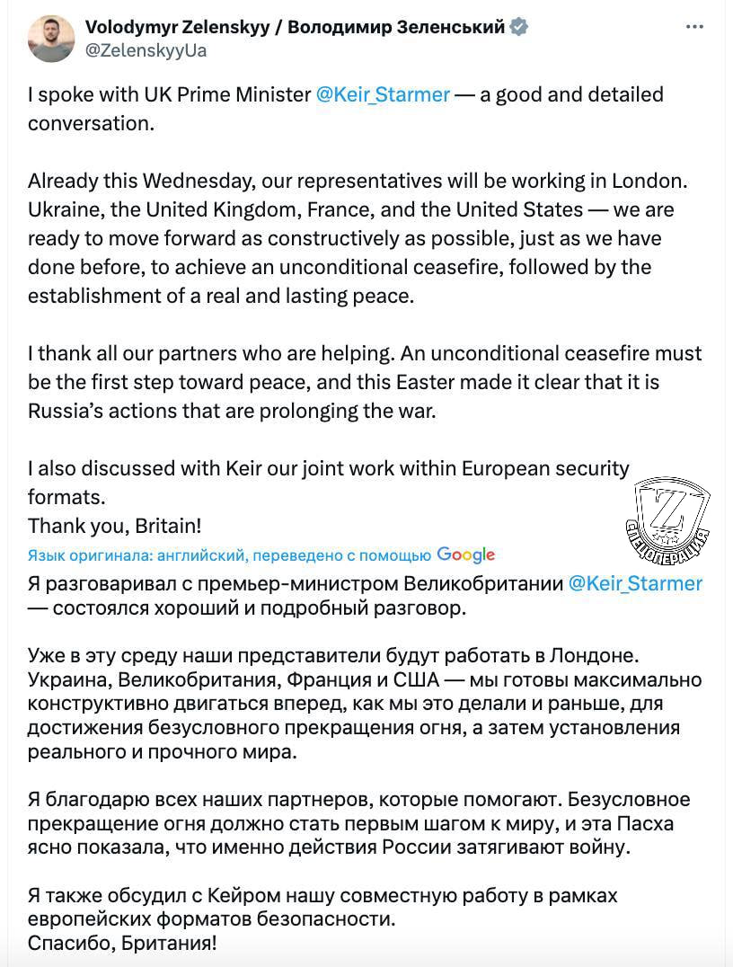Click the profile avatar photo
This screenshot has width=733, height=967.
click(x=51, y=39)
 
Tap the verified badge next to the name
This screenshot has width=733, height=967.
click(x=519, y=27)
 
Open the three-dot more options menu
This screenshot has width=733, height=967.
click(x=694, y=27)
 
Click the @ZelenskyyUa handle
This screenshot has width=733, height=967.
click(x=146, y=50)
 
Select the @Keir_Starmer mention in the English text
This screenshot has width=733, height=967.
click(x=383, y=94)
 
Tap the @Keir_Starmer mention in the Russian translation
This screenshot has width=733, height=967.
click(x=636, y=583)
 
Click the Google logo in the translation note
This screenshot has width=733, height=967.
click(x=466, y=554)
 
